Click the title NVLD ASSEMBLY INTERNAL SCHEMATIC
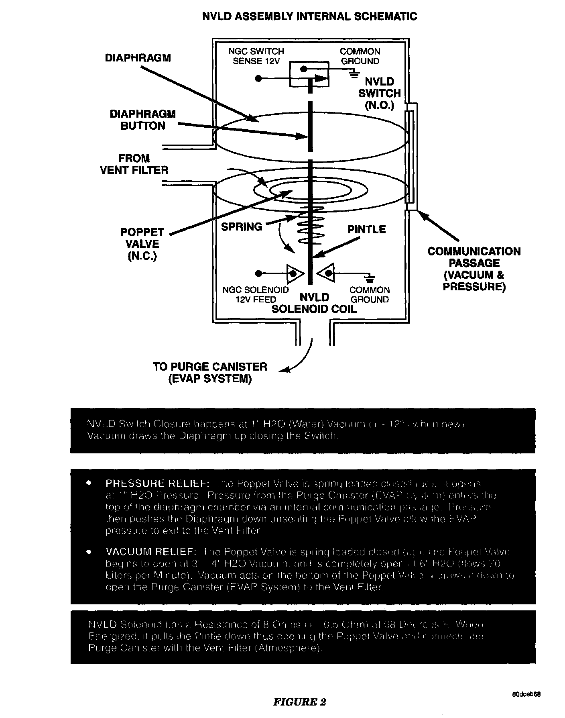(309, 16)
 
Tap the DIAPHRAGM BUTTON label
(142, 120)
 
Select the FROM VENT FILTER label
(134, 164)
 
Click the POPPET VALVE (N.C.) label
(142, 244)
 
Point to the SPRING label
(242, 227)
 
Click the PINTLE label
(366, 230)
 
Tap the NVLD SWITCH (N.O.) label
(379, 94)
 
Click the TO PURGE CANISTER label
(210, 372)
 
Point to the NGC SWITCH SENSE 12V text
(256, 56)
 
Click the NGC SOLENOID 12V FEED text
(256, 294)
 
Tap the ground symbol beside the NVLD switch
(354, 73)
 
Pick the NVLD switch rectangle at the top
(309, 74)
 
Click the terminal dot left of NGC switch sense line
(258, 79)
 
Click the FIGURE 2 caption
(299, 702)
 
